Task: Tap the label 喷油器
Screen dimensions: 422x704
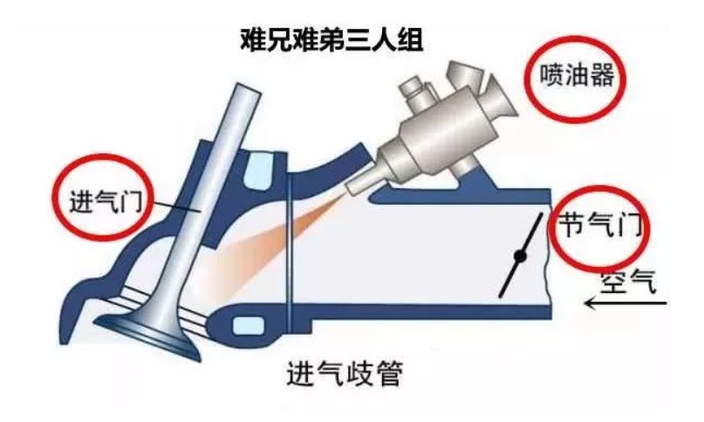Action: (x=577, y=76)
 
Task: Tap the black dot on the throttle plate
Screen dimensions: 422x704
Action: (x=521, y=256)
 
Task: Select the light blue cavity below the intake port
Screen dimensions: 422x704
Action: (x=248, y=326)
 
